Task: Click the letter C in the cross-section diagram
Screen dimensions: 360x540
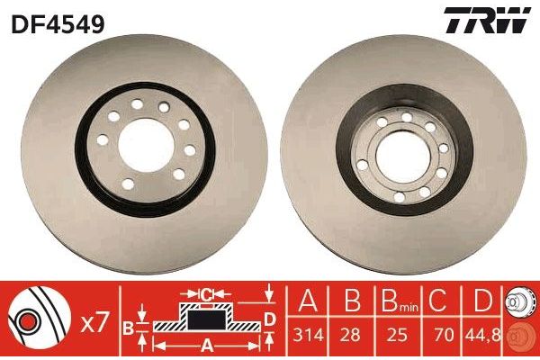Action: click(x=206, y=292)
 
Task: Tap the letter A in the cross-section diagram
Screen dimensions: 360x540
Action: click(x=205, y=343)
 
